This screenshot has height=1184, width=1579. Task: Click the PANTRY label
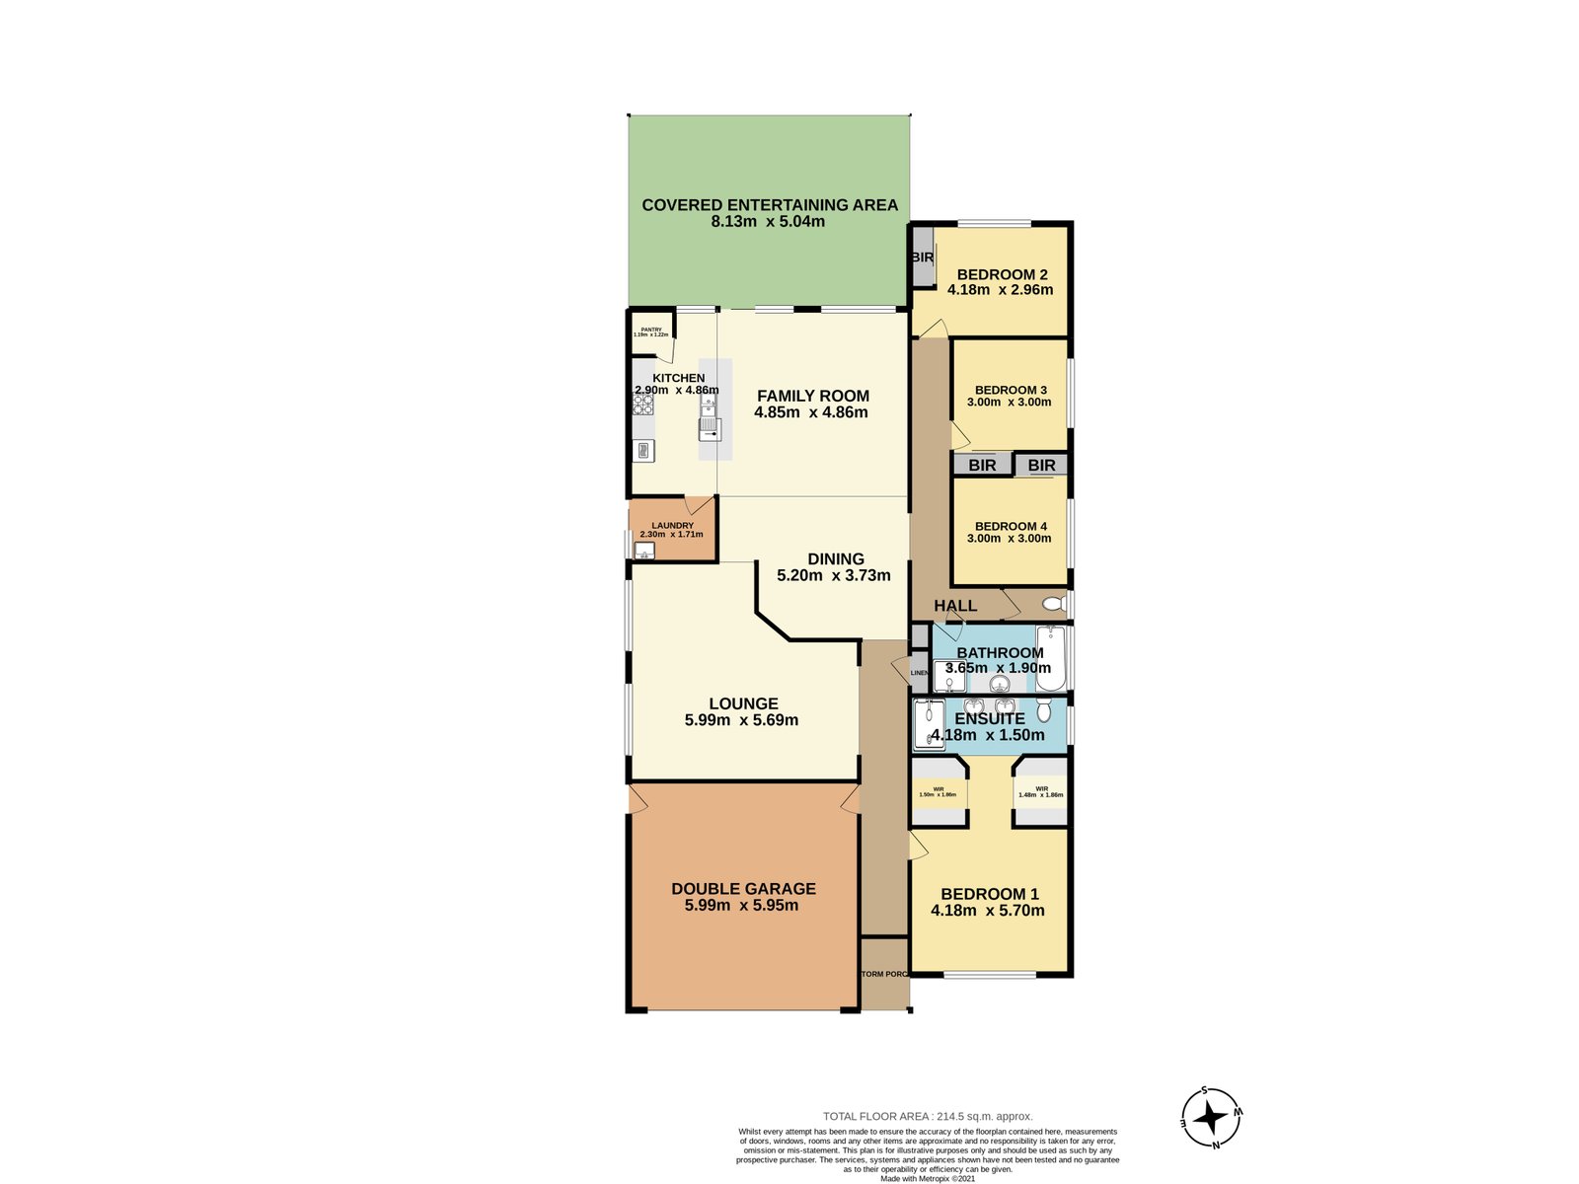(x=650, y=330)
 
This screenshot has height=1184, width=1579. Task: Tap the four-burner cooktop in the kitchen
(x=644, y=403)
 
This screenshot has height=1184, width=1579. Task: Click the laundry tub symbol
(x=644, y=551)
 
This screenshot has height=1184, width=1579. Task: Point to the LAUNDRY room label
(x=672, y=526)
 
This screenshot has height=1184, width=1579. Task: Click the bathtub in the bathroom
(x=1051, y=658)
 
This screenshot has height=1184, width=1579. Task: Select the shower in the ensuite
(x=929, y=724)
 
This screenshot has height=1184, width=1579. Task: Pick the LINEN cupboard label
(x=919, y=673)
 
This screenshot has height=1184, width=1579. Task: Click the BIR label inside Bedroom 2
(x=922, y=258)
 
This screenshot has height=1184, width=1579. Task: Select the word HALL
(x=955, y=606)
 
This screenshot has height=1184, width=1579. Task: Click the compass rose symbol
(x=1211, y=1118)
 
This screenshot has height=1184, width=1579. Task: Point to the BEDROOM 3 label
(x=1011, y=390)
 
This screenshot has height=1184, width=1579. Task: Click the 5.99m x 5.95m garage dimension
(x=741, y=905)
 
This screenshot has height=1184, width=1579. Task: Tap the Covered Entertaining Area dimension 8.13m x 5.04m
(x=768, y=222)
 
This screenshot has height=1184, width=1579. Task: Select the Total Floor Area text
(x=928, y=1117)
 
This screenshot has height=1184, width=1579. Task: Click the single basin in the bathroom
(x=1001, y=683)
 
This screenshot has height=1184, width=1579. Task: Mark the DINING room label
(x=835, y=558)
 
